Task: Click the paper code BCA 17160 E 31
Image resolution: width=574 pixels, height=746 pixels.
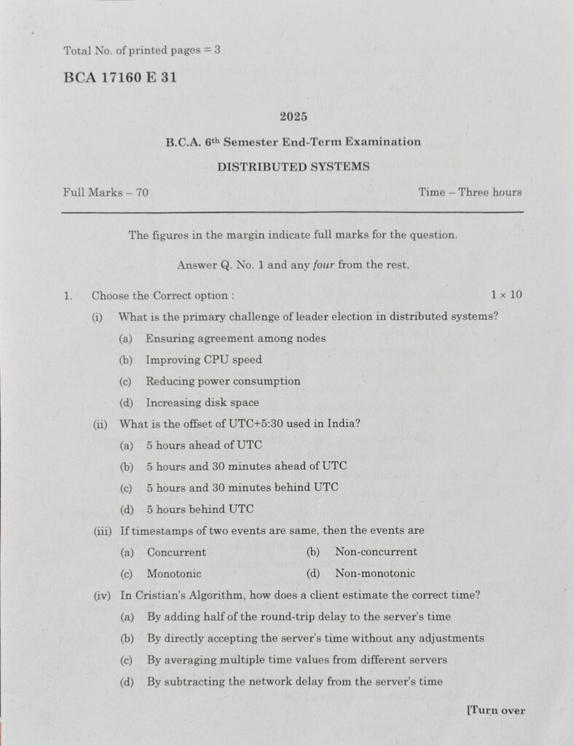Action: tap(120, 78)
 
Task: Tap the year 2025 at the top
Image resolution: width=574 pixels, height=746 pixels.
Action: tap(293, 116)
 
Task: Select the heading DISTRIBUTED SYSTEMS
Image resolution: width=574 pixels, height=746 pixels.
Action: tap(293, 167)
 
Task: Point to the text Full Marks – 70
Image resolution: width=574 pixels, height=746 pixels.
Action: tap(106, 192)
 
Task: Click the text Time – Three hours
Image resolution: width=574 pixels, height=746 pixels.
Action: tap(470, 192)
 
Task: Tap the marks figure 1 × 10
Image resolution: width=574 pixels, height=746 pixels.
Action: tap(506, 295)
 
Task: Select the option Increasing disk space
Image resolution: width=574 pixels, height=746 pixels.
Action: tap(202, 402)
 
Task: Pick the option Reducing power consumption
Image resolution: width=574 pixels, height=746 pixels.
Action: tap(222, 381)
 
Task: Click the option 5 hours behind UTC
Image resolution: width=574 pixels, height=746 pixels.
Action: tap(200, 509)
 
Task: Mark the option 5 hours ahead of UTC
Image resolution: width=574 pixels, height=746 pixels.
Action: tap(203, 444)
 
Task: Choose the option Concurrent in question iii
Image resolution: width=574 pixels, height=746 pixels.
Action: tap(176, 552)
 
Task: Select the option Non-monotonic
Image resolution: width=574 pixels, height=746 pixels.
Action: tap(375, 573)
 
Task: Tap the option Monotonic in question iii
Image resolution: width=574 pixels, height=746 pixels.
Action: tap(173, 573)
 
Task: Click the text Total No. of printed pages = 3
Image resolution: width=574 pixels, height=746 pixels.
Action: tap(142, 51)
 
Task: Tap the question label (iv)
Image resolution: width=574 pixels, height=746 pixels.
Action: tap(102, 595)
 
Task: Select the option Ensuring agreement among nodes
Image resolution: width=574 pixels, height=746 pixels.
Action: tap(235, 338)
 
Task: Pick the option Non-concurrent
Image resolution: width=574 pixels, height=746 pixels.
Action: tap(376, 552)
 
